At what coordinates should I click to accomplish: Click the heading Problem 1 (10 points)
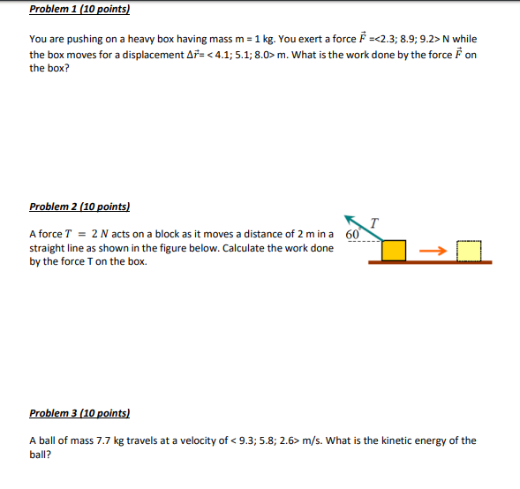click(79, 10)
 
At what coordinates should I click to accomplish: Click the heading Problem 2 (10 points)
click(79, 207)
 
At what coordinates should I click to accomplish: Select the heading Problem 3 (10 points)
click(79, 413)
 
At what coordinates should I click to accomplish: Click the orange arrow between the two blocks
click(432, 251)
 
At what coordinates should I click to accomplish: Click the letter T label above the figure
click(375, 222)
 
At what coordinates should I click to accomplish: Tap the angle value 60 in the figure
click(352, 235)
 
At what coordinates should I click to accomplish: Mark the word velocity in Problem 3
click(197, 440)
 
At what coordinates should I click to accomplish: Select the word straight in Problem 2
click(46, 248)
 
